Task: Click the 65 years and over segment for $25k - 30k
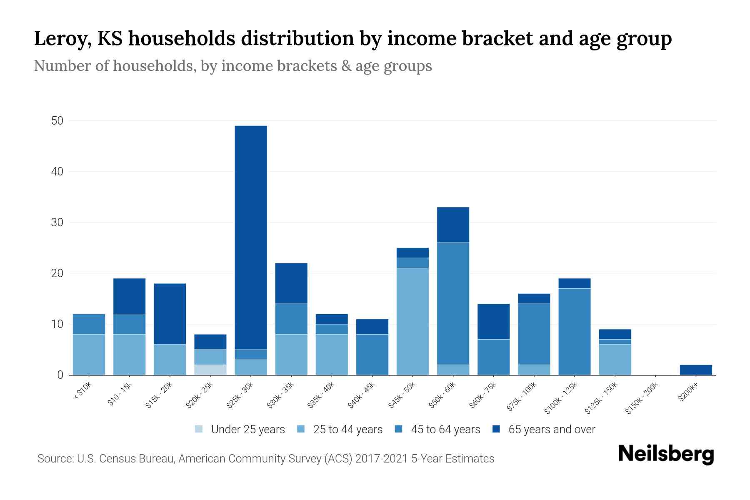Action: click(250, 237)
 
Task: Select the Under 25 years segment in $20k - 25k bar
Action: click(210, 370)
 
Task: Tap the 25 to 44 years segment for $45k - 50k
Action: click(412, 321)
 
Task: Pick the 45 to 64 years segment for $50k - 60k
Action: click(453, 303)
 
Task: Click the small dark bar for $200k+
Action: click(696, 370)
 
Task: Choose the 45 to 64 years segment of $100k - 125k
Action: click(574, 332)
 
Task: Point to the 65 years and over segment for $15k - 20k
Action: click(170, 314)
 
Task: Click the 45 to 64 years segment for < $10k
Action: click(89, 324)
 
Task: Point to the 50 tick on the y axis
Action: click(57, 121)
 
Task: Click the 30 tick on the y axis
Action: click(57, 222)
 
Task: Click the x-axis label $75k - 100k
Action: click(522, 397)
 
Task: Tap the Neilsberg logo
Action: click(666, 454)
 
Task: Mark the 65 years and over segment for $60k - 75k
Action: click(493, 321)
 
